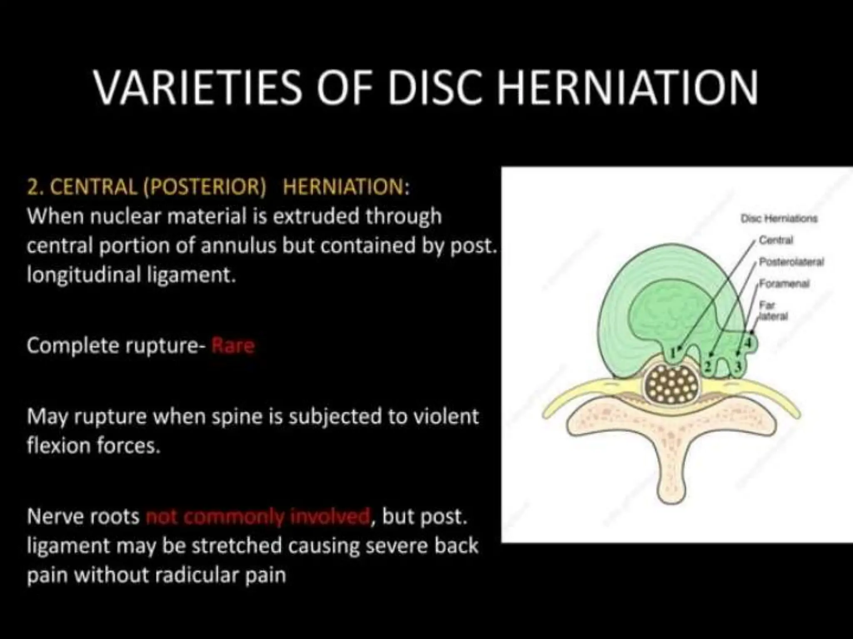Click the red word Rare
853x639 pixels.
click(233, 346)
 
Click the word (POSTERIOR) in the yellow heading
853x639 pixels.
click(205, 188)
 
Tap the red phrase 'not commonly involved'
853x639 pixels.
click(259, 517)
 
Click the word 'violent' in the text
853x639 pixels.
click(446, 417)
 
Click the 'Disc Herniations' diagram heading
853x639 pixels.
click(779, 218)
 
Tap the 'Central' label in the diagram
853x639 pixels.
click(776, 240)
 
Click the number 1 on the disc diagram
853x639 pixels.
click(672, 354)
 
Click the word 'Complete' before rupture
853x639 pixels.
click(71, 346)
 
